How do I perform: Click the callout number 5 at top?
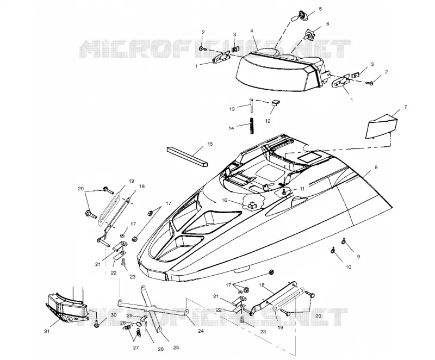click(x=320, y=9)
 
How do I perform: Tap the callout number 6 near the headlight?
click(x=327, y=24)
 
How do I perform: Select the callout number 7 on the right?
click(x=406, y=107)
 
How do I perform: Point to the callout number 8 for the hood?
click(x=376, y=167)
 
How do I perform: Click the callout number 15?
click(x=210, y=144)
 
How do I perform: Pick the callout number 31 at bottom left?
click(x=47, y=331)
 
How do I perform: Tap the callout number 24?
click(x=201, y=331)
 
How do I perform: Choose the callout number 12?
click(x=268, y=121)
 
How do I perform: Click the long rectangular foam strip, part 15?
click(x=188, y=156)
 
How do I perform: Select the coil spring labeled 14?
click(x=252, y=126)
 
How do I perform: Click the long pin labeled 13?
click(x=251, y=105)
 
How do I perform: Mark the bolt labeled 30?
click(x=97, y=324)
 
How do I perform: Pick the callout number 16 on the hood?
click(x=225, y=200)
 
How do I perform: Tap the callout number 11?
click(x=302, y=189)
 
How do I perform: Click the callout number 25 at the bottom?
click(x=176, y=347)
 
